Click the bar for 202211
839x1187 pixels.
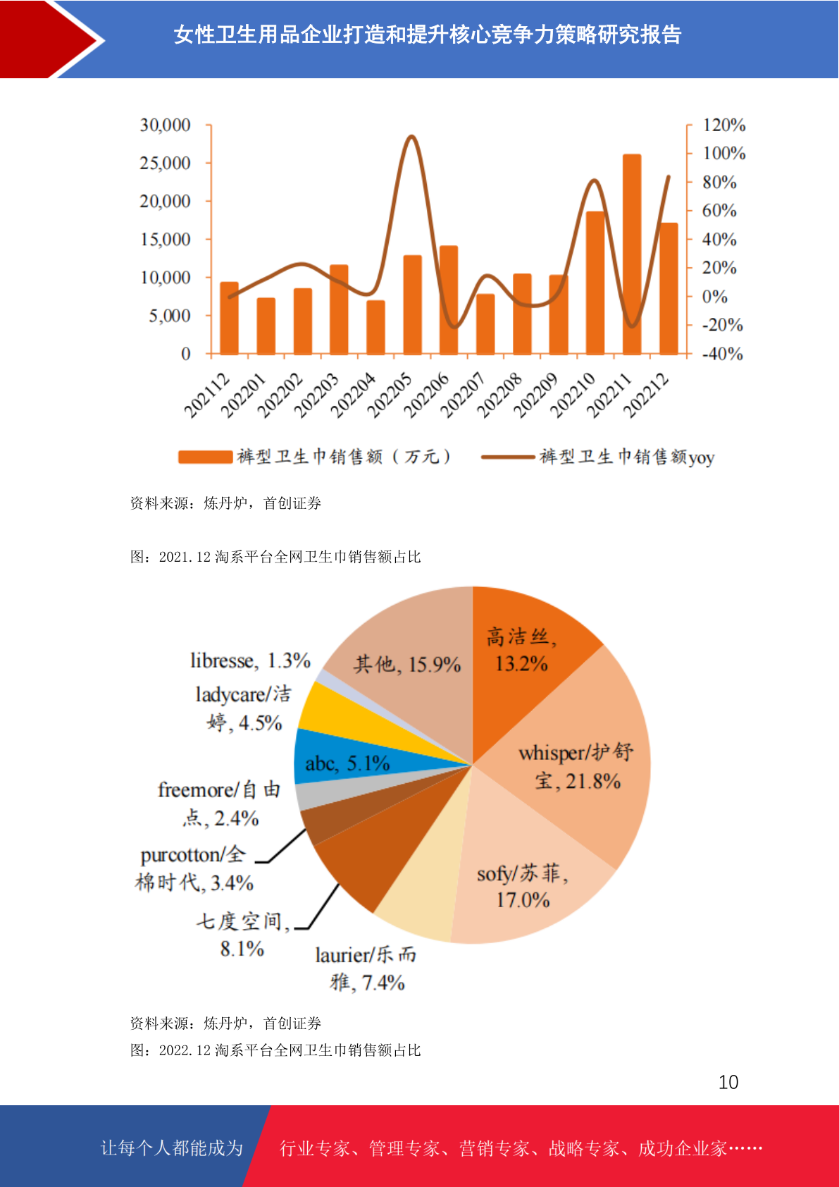[631, 254]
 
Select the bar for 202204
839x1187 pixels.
[375, 328]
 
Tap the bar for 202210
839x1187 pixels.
[595, 283]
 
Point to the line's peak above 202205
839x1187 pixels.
[411, 137]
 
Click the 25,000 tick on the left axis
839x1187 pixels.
[165, 164]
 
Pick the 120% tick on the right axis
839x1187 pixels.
[724, 125]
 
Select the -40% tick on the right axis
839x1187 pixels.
[723, 353]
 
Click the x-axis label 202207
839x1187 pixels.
[462, 395]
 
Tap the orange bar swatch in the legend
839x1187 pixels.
[206, 456]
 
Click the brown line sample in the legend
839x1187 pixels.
[508, 456]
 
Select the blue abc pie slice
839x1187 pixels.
[366, 757]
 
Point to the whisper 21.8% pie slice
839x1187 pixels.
[578, 763]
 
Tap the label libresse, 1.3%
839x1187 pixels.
[251, 660]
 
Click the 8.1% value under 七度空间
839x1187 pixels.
[242, 949]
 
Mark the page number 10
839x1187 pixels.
[728, 1082]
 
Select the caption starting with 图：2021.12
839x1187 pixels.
[275, 556]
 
